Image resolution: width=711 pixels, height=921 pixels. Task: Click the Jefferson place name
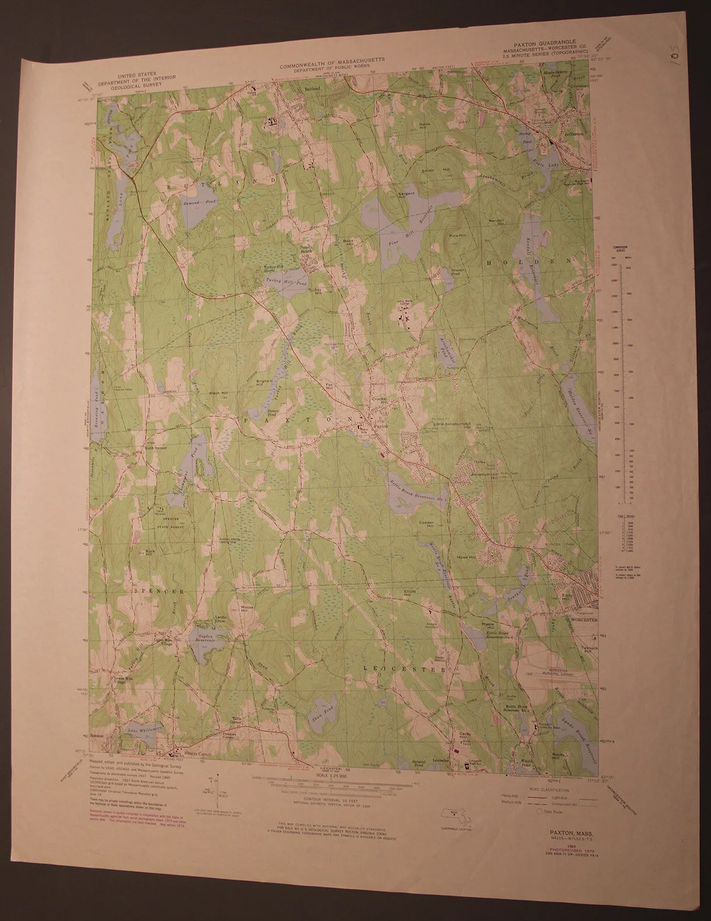point(573,134)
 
